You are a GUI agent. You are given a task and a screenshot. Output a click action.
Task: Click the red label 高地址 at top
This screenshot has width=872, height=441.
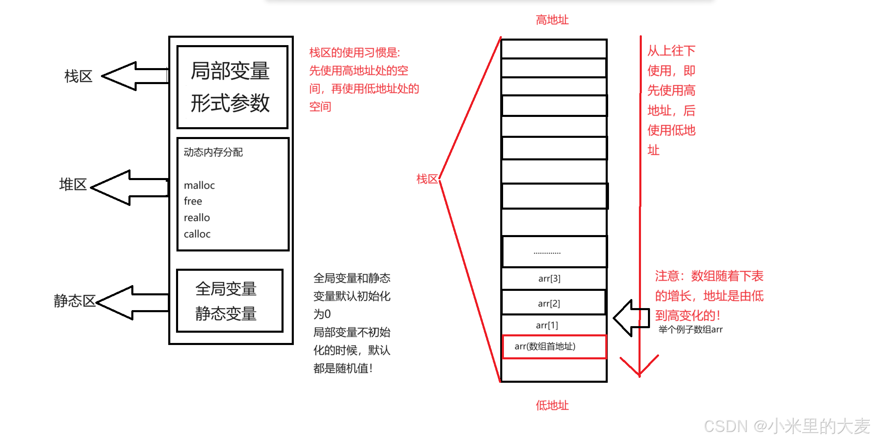[552, 20]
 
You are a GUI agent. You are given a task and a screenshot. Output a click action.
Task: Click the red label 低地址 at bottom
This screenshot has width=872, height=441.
[552, 405]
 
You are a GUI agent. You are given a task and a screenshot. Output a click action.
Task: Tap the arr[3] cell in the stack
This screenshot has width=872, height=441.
[549, 279]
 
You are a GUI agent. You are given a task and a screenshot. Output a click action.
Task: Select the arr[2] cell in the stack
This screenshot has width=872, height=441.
[549, 303]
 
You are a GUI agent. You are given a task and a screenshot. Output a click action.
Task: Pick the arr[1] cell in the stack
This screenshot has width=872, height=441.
[547, 325]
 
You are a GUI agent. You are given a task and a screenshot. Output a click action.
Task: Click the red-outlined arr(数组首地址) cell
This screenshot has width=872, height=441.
[545, 347]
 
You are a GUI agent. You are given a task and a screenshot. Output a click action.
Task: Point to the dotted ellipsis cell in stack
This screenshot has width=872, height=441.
[547, 252]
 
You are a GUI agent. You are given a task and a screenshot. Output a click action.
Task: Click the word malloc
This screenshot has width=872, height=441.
[199, 185]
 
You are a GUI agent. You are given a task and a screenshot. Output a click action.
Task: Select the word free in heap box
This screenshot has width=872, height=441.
[193, 201]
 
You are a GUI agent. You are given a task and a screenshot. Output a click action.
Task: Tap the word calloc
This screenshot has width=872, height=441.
[197, 234]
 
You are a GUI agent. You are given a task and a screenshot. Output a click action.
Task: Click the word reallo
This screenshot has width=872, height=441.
[197, 217]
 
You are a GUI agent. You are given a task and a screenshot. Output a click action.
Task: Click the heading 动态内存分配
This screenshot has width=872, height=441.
[213, 152]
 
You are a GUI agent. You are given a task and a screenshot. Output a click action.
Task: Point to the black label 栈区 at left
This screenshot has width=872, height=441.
[78, 76]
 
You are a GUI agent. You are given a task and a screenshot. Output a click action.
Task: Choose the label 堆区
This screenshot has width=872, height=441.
[73, 185]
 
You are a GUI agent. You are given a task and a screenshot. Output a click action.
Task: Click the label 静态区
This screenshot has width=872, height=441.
[74, 301]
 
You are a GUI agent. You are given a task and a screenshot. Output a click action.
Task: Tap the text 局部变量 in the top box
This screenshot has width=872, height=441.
[230, 71]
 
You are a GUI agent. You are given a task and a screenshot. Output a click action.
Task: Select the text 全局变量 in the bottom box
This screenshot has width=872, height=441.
[226, 289]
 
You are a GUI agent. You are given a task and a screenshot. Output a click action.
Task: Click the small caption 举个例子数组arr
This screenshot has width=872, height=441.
[690, 329]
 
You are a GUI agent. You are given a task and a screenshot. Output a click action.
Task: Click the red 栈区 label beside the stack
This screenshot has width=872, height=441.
[427, 179]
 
